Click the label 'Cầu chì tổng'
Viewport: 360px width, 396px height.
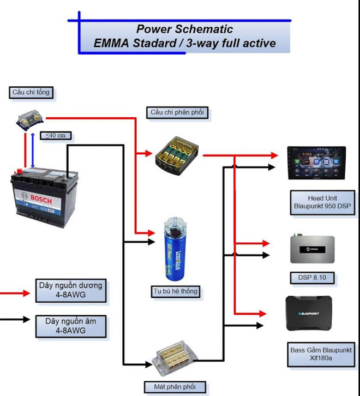click(x=31, y=92)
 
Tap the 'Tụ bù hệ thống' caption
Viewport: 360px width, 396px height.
click(x=175, y=291)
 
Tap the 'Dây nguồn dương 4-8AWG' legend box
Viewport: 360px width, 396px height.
click(x=71, y=290)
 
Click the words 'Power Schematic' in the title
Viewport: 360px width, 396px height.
click(x=184, y=29)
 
